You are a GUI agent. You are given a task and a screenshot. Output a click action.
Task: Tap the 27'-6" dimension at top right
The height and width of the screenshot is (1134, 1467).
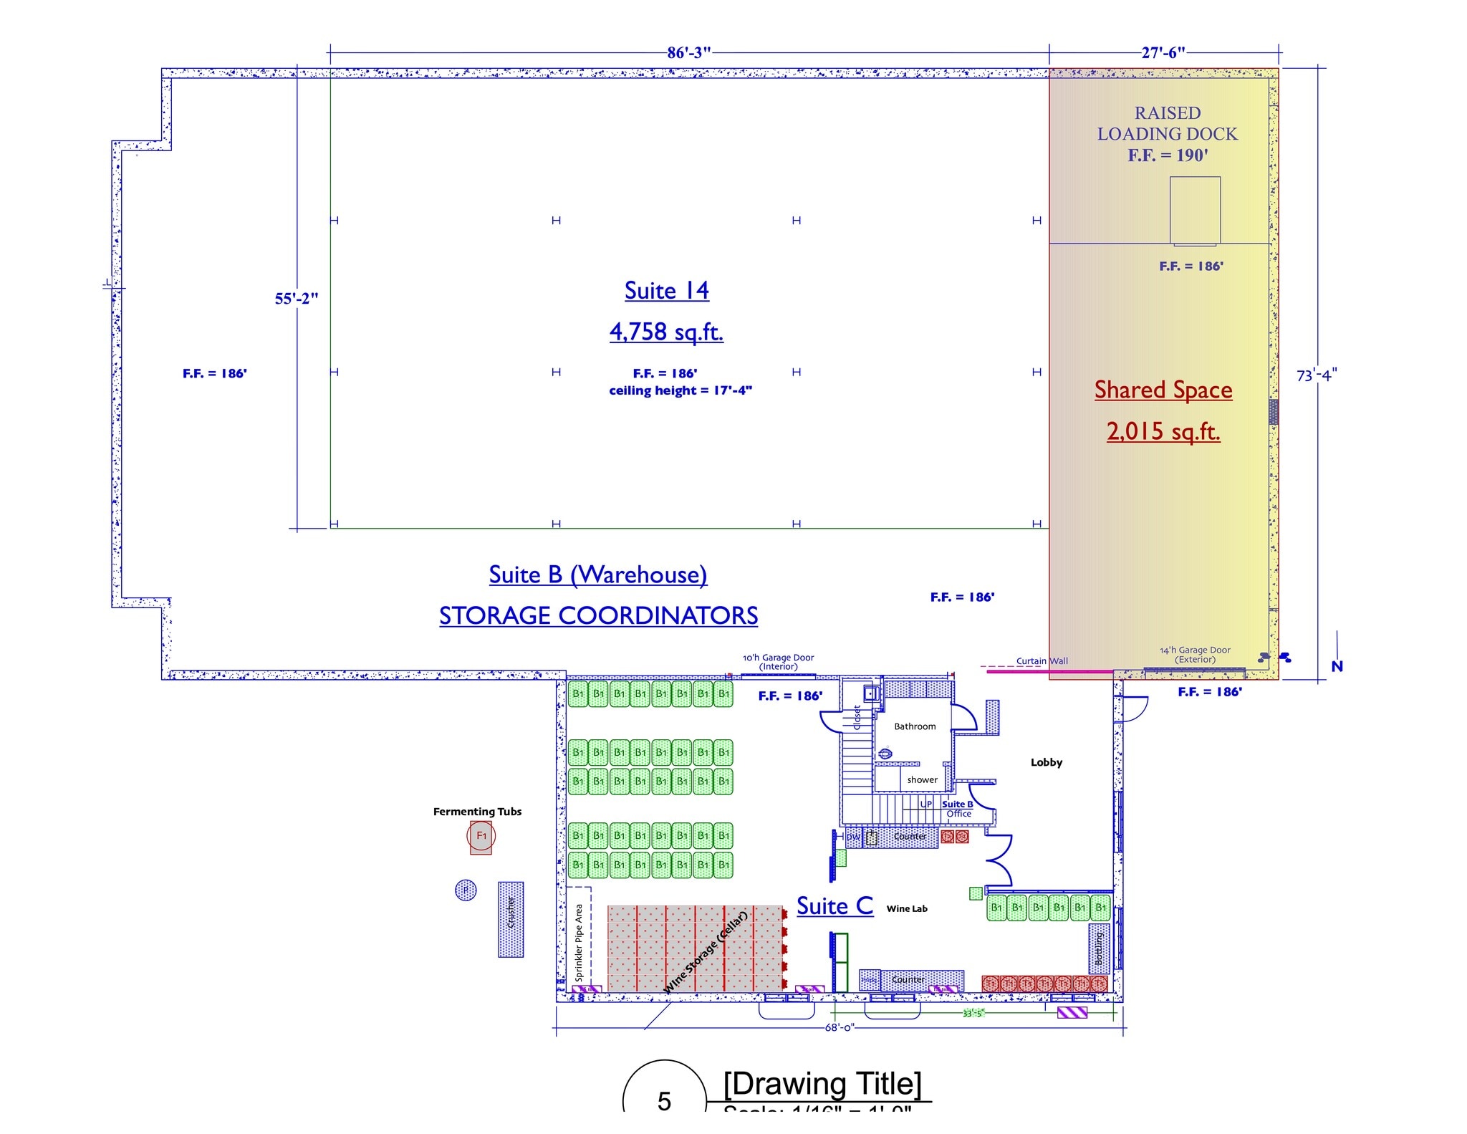(1163, 52)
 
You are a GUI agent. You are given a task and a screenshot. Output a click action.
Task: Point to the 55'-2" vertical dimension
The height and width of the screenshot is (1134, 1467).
(296, 299)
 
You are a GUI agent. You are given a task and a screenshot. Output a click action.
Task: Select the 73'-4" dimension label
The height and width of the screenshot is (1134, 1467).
(1317, 375)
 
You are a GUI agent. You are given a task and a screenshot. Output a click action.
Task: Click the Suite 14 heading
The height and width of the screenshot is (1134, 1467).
(666, 291)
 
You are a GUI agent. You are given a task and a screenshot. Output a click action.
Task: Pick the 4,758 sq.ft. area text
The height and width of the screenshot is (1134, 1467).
(666, 332)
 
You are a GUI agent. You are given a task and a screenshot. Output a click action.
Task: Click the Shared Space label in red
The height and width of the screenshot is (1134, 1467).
(1163, 390)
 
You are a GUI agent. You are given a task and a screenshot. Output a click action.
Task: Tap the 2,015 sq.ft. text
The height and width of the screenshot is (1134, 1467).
(1163, 431)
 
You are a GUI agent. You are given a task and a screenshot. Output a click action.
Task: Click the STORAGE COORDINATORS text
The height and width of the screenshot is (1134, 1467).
(598, 616)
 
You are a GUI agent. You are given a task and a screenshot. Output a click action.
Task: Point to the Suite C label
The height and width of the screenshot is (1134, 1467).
(834, 906)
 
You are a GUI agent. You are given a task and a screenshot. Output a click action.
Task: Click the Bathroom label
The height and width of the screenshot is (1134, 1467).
(915, 726)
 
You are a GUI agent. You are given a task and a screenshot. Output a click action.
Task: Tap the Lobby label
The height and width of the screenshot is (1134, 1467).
(1046, 762)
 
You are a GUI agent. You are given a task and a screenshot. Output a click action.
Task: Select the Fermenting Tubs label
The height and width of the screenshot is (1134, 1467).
(477, 812)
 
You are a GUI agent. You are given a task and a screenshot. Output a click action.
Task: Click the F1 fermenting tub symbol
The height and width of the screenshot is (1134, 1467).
(481, 836)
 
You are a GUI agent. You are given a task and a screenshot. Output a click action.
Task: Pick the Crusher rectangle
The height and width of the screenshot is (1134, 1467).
(511, 919)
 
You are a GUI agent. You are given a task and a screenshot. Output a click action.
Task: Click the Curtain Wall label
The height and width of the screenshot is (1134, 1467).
(1042, 661)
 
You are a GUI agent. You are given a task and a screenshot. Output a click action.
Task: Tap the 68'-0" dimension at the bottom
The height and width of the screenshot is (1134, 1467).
(839, 1027)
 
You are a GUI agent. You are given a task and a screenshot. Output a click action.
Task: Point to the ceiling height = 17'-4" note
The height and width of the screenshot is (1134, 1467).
(680, 390)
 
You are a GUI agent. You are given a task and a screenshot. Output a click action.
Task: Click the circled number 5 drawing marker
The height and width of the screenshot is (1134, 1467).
(664, 1100)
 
